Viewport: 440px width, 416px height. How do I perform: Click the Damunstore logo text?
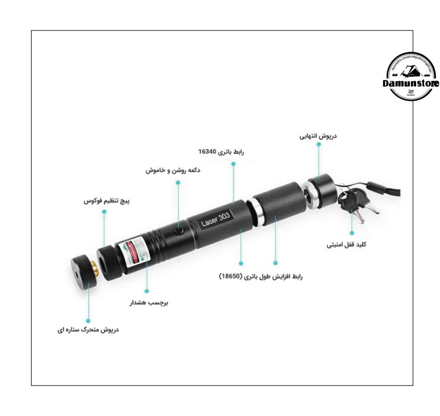(x=411, y=83)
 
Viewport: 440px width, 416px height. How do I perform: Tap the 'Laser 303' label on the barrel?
(x=216, y=219)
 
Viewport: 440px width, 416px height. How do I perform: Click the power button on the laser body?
(x=180, y=231)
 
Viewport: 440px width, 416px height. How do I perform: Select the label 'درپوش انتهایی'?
(x=318, y=136)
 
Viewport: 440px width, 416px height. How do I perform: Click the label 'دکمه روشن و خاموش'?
(x=173, y=171)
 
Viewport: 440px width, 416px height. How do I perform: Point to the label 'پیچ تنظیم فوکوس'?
(x=106, y=201)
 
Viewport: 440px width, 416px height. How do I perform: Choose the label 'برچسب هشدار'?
(x=149, y=303)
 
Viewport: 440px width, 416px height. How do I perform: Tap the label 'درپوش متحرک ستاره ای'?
(x=88, y=330)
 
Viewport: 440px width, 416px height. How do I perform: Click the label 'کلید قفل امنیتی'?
(x=346, y=245)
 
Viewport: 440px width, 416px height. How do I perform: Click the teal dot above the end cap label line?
(x=319, y=144)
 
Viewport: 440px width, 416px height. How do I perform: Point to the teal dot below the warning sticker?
(x=147, y=290)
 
